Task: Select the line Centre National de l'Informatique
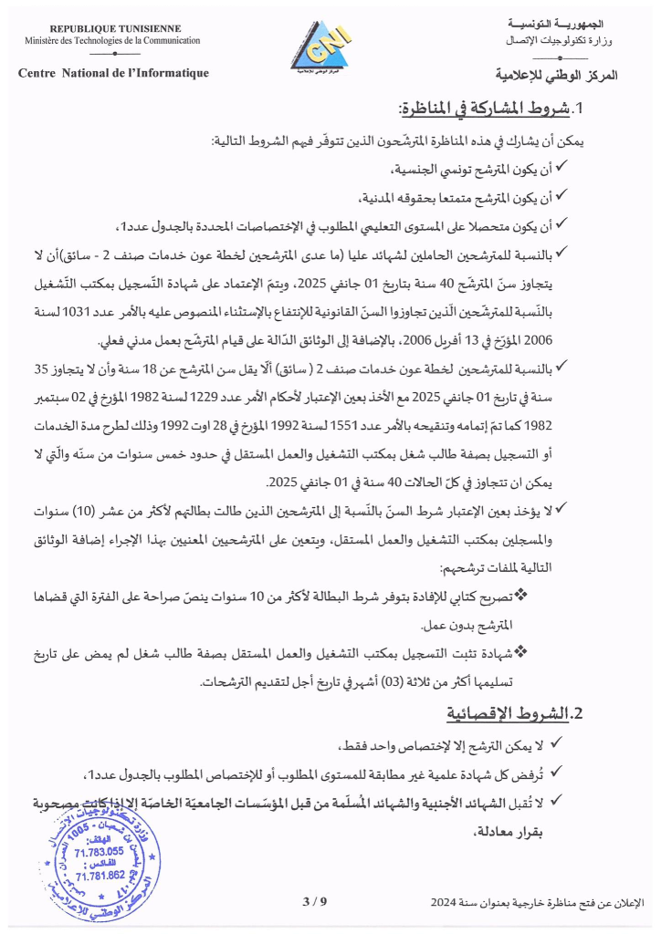[x=113, y=73]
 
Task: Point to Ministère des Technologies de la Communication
[x=113, y=41]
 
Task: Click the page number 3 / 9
[x=313, y=901]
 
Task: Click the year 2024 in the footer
[x=446, y=901]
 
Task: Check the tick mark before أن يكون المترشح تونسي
[x=562, y=170]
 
